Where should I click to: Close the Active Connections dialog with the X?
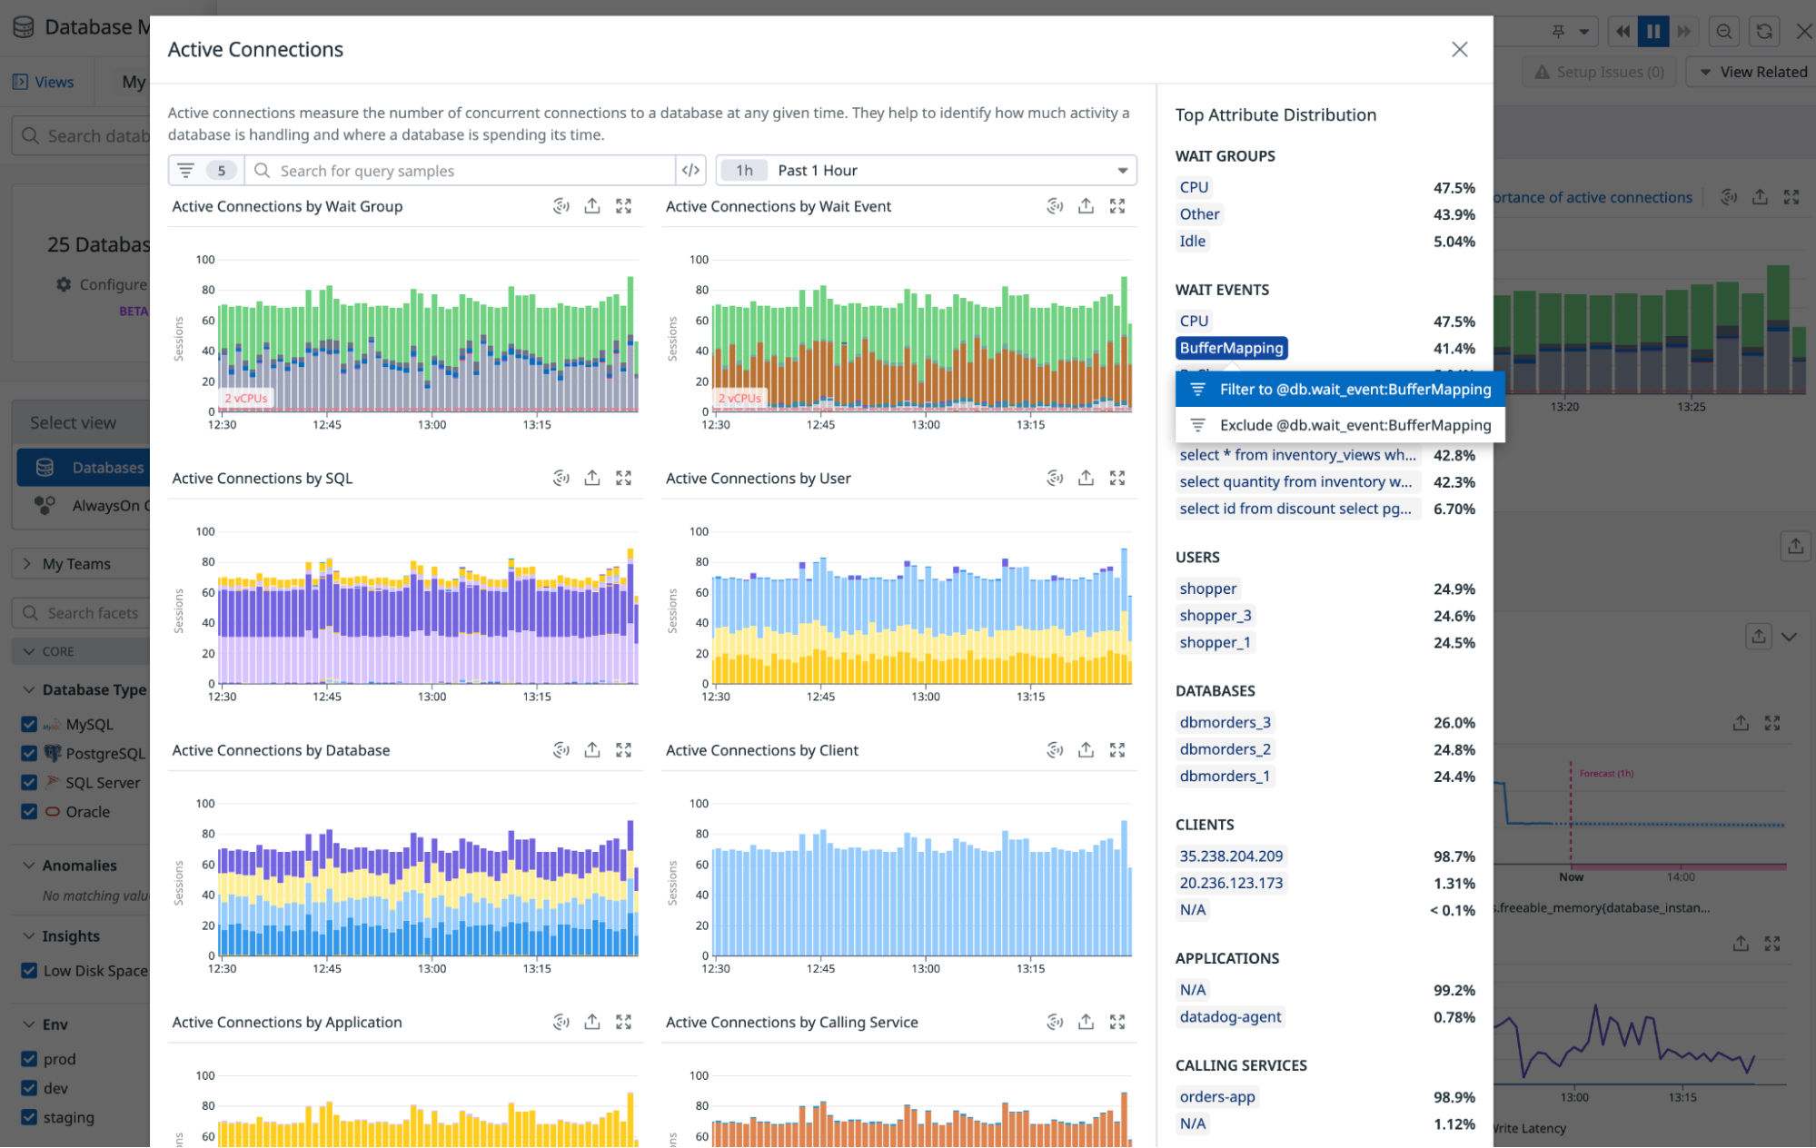1459,49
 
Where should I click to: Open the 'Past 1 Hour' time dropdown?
927,171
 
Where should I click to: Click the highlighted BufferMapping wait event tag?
1231,348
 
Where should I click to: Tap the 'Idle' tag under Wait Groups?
1192,242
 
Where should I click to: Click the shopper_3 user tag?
1215,616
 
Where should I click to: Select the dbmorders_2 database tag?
1225,749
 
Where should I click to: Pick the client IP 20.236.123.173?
1230,883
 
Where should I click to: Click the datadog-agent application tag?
1230,1017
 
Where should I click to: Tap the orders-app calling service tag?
1216,1097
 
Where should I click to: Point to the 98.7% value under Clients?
1454,856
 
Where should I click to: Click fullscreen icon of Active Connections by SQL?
623,478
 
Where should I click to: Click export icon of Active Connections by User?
1086,478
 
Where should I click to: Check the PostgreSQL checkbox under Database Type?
29,753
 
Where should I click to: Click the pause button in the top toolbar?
1652,32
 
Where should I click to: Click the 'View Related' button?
1752,72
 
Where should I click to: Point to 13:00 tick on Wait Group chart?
432,425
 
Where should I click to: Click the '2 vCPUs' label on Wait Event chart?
739,398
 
